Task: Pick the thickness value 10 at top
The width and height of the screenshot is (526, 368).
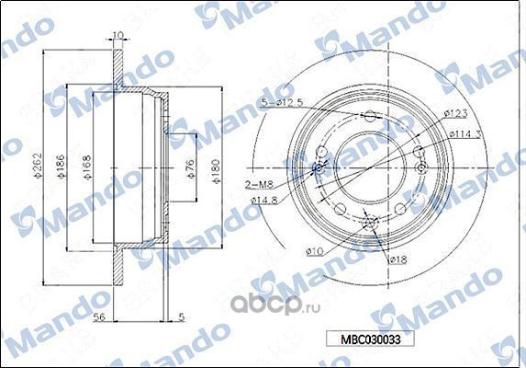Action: point(117,36)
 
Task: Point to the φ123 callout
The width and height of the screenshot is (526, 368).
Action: point(455,113)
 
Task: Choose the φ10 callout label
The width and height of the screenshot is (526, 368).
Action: point(315,251)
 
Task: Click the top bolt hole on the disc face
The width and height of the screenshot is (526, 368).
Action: point(370,117)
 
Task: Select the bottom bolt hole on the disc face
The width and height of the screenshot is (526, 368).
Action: point(371,222)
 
